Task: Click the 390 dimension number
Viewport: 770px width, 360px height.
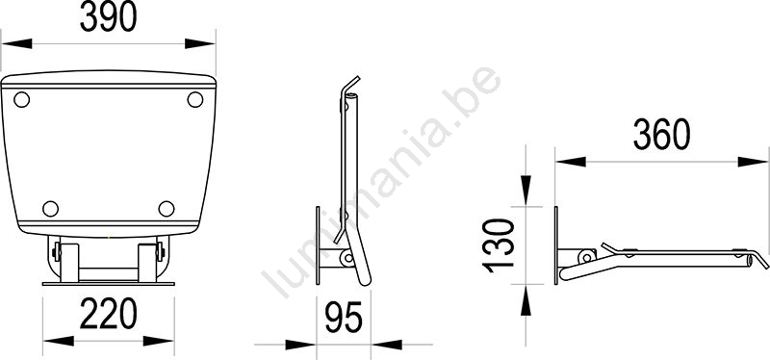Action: [109, 16]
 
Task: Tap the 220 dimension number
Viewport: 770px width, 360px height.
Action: [109, 314]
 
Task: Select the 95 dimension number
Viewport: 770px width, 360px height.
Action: [344, 318]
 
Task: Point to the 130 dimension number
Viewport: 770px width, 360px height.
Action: [499, 245]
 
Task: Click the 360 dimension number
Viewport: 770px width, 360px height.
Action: [662, 135]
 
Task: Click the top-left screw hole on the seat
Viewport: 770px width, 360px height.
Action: [21, 100]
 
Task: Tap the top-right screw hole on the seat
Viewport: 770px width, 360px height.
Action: [195, 100]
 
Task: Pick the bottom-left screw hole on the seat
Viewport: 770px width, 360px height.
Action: [51, 209]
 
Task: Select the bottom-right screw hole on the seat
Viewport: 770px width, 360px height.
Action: [167, 209]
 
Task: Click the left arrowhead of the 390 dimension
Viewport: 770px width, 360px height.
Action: [16, 43]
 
